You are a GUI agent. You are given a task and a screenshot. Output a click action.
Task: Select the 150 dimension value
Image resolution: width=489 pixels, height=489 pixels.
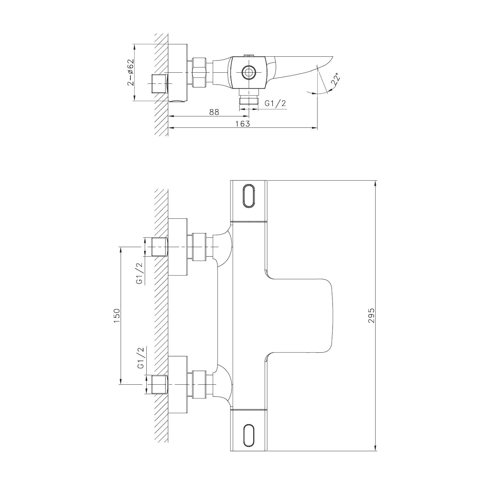[117, 315]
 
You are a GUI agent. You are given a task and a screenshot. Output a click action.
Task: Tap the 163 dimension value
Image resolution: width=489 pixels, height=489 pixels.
[243, 124]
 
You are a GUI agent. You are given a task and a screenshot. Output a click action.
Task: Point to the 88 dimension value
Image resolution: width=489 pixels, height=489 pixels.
[214, 112]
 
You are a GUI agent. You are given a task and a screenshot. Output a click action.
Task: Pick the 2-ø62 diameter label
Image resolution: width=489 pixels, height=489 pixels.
[130, 72]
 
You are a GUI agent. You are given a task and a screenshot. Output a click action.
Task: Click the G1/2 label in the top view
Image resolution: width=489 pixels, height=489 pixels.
[275, 103]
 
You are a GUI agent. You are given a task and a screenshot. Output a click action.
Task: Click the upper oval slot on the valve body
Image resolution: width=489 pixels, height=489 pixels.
[248, 196]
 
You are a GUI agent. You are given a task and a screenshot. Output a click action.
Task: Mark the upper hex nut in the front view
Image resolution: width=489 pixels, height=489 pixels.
[200, 247]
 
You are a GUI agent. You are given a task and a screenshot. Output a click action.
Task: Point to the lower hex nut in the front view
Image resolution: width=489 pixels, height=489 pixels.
[200, 385]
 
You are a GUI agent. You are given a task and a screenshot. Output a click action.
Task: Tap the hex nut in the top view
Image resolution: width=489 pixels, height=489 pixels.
[200, 72]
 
